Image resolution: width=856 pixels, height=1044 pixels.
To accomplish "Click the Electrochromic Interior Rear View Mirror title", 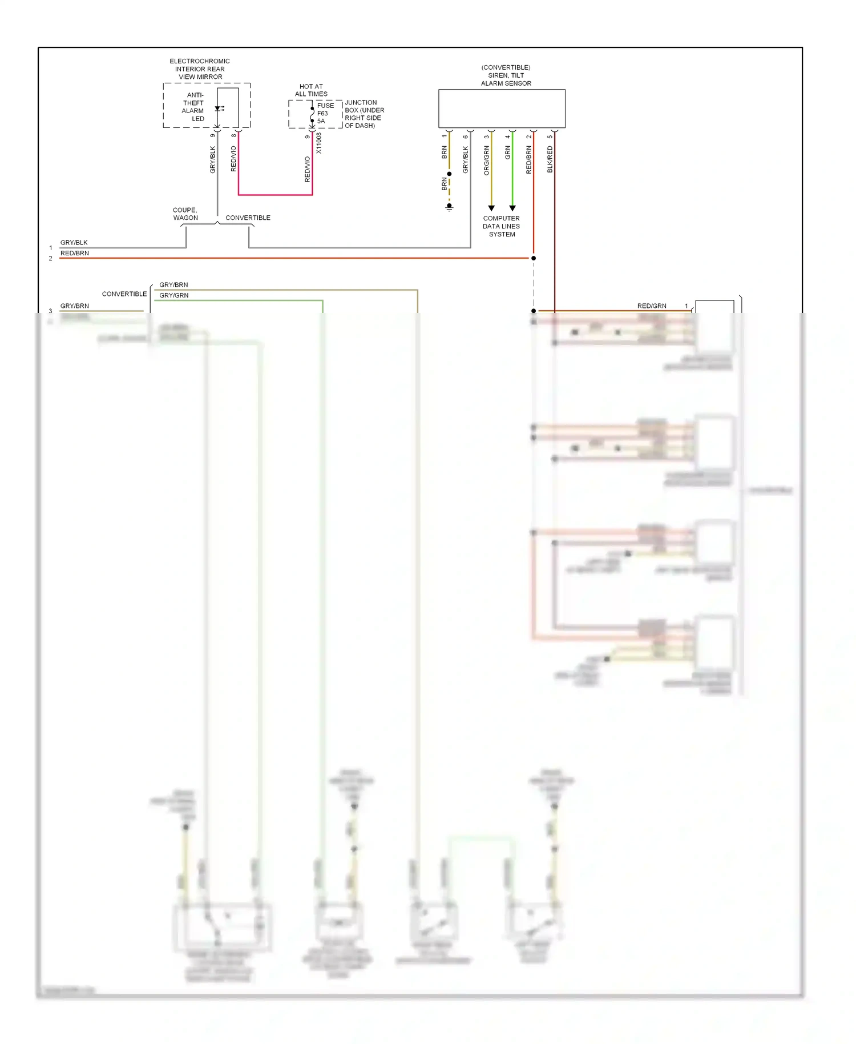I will point(200,69).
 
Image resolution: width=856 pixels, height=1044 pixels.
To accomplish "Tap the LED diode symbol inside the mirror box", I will point(219,109).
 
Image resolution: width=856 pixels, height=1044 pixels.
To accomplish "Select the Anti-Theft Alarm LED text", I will point(193,107).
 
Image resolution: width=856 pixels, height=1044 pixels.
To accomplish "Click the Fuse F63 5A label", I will point(325,113).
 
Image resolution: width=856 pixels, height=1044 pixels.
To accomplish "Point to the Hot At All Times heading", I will point(311,90).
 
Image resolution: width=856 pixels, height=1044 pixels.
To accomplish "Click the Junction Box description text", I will point(364,114).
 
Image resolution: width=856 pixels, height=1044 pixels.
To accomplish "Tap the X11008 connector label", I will point(319,143).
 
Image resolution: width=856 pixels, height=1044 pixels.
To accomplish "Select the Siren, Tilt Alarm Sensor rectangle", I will point(502,109).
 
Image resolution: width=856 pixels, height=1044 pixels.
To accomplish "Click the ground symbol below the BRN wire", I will point(449,207).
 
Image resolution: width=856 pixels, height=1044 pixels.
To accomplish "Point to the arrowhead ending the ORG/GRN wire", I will point(491,208).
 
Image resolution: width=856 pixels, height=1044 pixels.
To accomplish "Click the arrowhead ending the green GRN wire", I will point(512,208).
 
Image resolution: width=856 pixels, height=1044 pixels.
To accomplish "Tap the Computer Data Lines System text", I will point(502,226).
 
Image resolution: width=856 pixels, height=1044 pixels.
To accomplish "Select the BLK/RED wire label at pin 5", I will point(550,159).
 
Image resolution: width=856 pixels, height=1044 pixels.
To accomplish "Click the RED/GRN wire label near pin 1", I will point(652,306).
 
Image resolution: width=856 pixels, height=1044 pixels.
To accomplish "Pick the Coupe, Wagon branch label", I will point(185,214).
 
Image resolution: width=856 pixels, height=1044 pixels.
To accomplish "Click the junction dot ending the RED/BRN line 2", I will point(534,258).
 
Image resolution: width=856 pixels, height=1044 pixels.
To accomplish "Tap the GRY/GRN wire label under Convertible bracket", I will point(174,295).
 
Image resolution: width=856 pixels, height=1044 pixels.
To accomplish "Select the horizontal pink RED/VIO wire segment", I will point(275,195).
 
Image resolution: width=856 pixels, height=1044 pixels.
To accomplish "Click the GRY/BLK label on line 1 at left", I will point(74,243).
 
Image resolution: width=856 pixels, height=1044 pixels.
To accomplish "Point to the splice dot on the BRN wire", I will point(449,174).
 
